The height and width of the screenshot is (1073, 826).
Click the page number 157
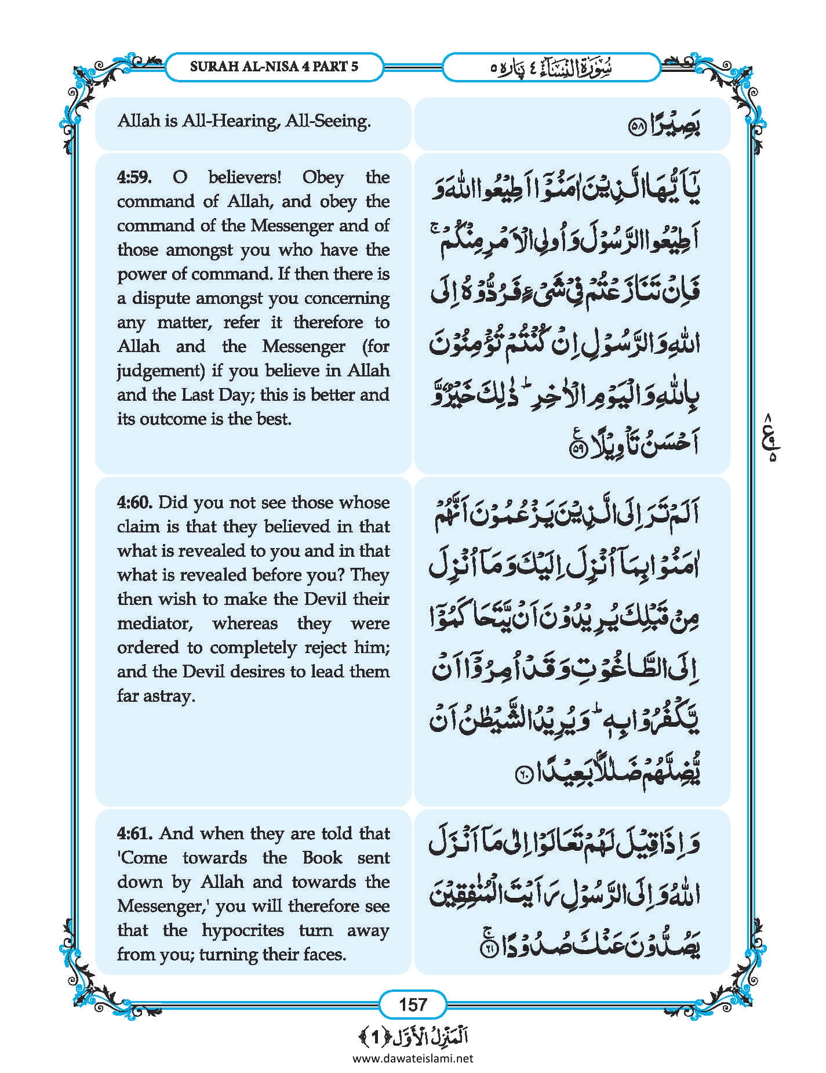click(413, 1004)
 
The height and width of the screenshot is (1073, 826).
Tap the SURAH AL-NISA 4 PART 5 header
click(274, 66)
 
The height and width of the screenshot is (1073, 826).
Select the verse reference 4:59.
click(134, 177)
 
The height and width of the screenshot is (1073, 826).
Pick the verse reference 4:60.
click(134, 502)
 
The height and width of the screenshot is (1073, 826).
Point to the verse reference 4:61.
click(134, 833)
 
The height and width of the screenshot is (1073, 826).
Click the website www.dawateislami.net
click(413, 1058)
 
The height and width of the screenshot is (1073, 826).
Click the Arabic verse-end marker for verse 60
click(523, 775)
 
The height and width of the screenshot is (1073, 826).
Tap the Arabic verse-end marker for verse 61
click(489, 949)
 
